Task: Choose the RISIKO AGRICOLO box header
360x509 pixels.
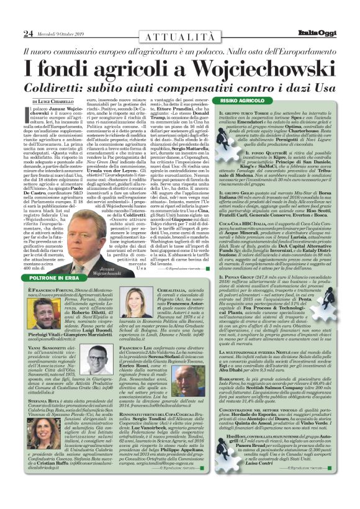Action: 256,101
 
